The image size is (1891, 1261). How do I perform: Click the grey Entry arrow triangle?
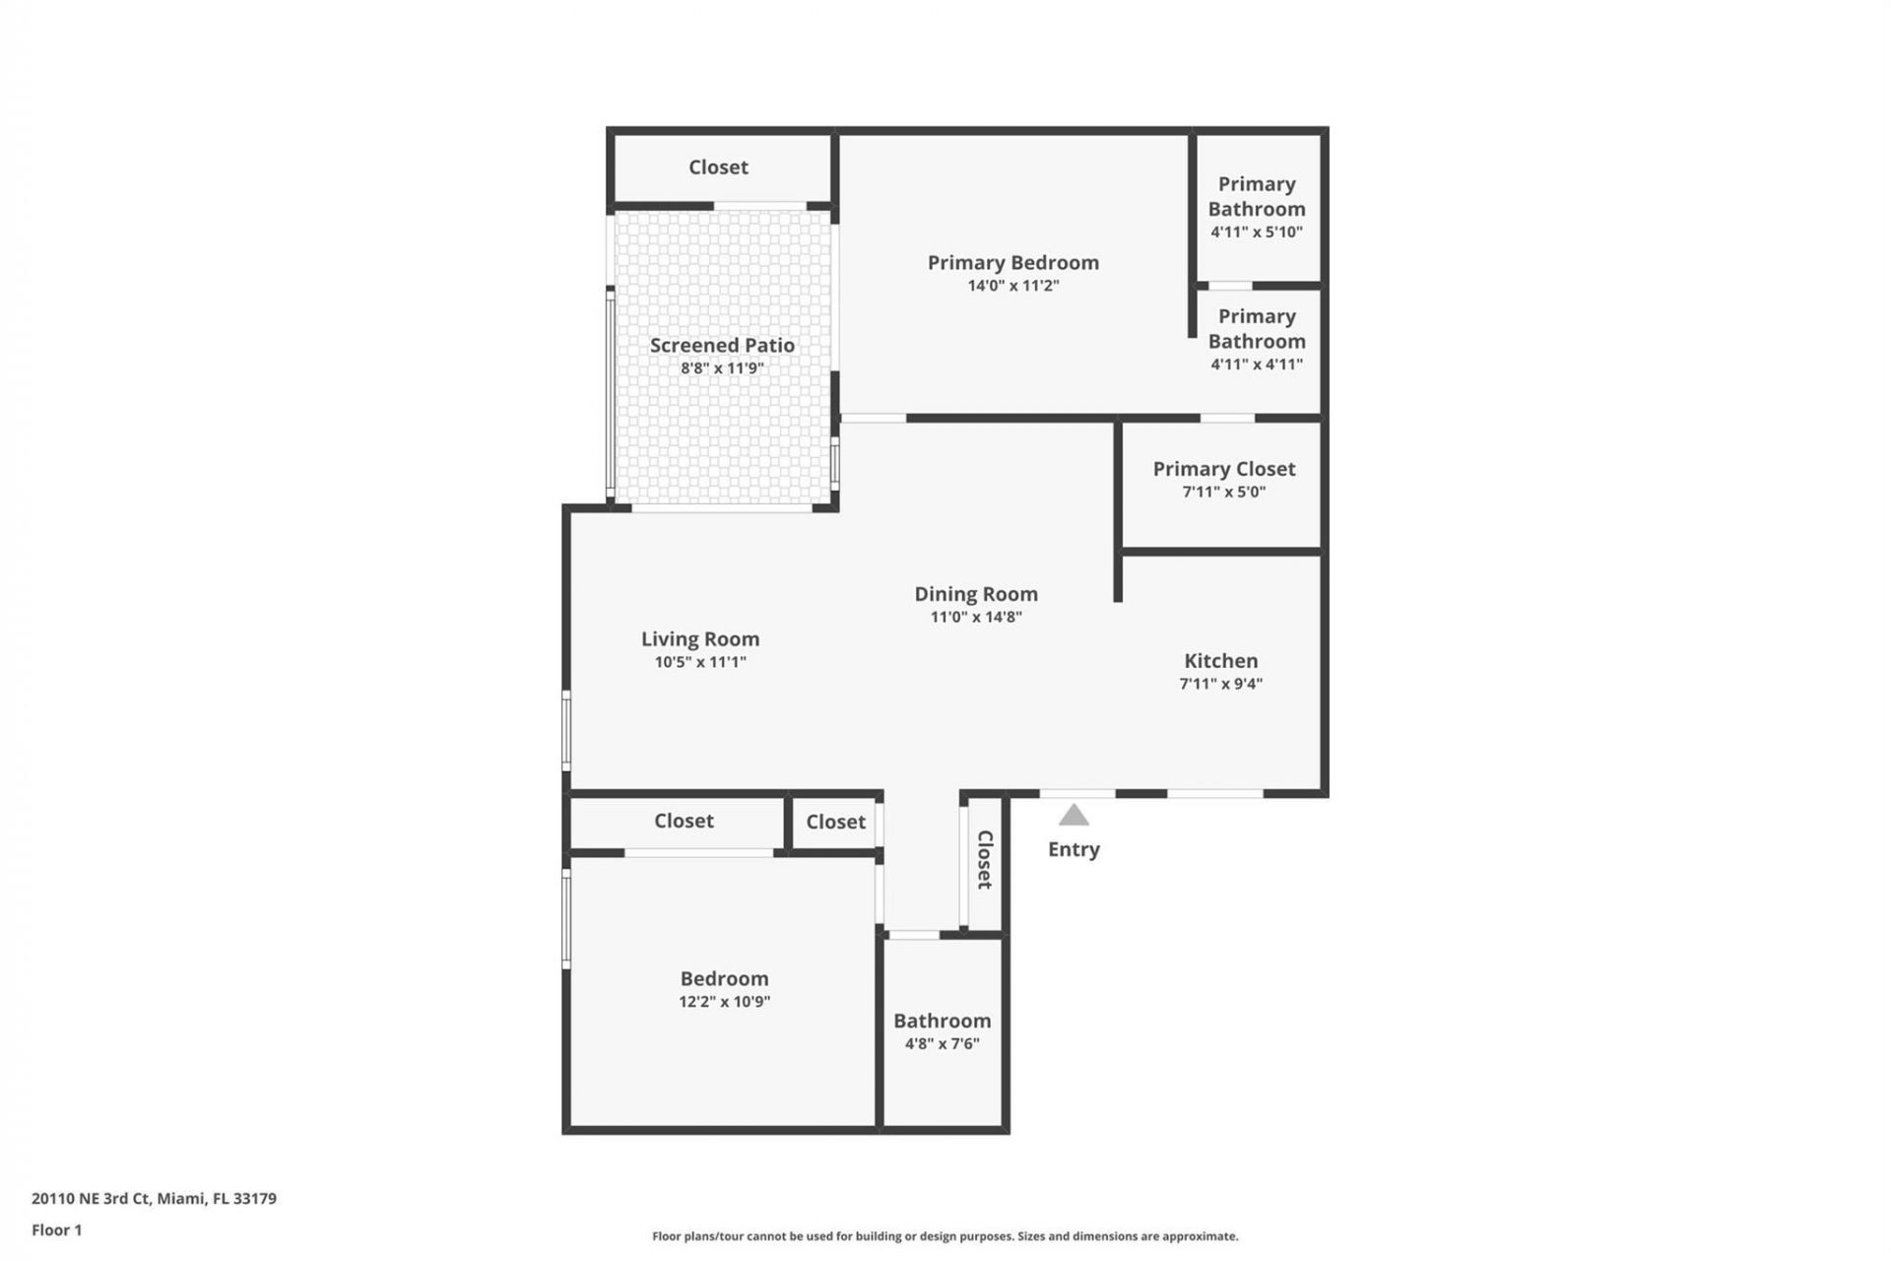(x=1074, y=816)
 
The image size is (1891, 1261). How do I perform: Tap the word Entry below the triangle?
(x=1074, y=849)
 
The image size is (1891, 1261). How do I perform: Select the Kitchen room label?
(x=1220, y=661)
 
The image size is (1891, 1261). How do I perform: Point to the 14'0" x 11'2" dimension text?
(x=1012, y=286)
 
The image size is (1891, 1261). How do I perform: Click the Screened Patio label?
(x=722, y=346)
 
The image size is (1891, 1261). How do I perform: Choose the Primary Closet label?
(x=1223, y=469)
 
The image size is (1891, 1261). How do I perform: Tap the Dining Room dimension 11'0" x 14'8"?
(x=976, y=618)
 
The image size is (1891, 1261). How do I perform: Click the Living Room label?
(x=700, y=639)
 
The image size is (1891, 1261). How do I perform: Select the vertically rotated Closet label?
(x=984, y=860)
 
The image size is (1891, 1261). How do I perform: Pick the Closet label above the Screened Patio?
(x=718, y=167)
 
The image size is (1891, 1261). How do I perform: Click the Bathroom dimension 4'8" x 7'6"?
(x=942, y=1044)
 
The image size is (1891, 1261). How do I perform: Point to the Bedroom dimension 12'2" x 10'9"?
(x=724, y=1002)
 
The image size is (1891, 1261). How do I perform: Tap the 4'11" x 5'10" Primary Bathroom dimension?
(x=1256, y=232)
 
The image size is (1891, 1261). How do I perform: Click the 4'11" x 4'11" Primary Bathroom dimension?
(x=1256, y=365)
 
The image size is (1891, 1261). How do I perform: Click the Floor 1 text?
(x=56, y=1230)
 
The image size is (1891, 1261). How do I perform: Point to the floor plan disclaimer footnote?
(x=945, y=1236)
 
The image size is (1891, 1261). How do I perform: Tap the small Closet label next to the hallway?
(x=835, y=822)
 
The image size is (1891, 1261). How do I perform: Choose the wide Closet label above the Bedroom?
(x=684, y=821)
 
